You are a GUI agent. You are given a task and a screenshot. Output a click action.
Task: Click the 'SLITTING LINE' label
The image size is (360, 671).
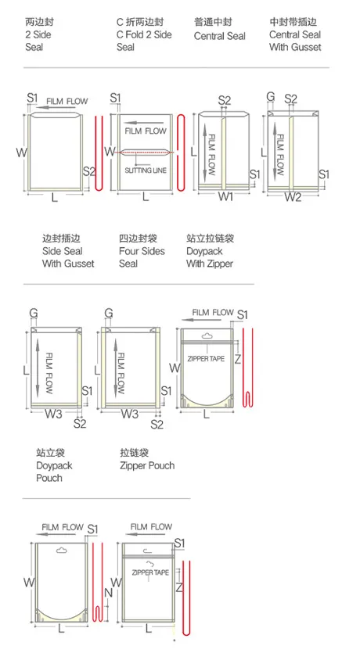tap(146, 170)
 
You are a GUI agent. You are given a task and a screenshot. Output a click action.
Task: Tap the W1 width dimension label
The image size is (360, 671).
tap(225, 197)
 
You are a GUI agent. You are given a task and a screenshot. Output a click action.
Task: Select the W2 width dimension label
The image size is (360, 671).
tap(293, 197)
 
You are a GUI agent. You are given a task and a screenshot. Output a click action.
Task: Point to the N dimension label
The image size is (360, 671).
tap(108, 593)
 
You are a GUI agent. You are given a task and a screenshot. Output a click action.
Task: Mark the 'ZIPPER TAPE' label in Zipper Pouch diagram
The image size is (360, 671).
tap(150, 572)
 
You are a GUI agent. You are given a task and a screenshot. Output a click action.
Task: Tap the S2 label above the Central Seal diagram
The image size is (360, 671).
tap(225, 101)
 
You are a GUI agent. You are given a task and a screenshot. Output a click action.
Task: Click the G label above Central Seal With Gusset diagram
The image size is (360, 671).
tap(271, 97)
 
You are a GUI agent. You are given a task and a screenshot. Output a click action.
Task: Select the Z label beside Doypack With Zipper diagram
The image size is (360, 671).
tap(238, 359)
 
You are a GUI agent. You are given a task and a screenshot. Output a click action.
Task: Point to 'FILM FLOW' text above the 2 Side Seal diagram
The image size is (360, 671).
tap(67, 102)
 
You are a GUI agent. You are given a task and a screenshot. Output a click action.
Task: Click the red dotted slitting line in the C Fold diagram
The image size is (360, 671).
tap(146, 152)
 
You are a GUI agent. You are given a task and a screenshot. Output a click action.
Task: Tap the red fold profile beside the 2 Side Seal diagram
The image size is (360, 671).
tap(99, 152)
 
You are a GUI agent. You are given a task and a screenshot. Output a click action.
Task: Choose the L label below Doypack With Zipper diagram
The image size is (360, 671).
tap(207, 414)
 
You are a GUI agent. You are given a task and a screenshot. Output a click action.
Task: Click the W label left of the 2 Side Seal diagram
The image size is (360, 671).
tap(21, 152)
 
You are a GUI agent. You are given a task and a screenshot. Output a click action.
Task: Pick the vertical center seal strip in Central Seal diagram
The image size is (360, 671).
tap(223, 152)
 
